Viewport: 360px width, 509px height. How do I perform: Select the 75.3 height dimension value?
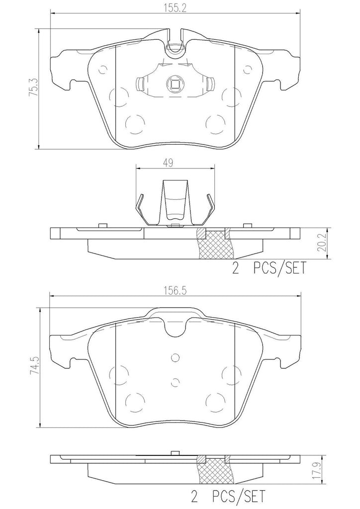click(x=33, y=88)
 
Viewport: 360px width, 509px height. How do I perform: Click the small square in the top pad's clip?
click(x=175, y=85)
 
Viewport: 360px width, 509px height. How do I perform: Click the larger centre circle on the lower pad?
click(x=175, y=357)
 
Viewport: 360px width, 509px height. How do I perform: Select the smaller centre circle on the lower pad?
click(x=175, y=381)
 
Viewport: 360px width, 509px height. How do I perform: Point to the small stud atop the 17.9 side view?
click(x=175, y=452)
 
